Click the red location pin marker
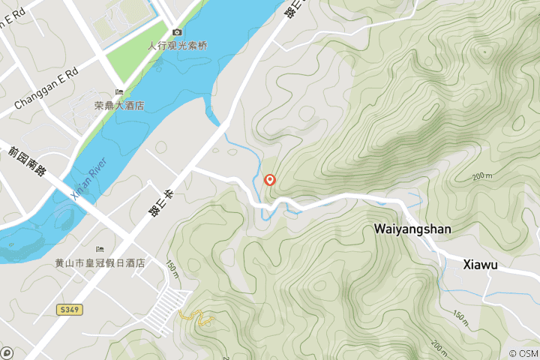pyautogui.click(x=270, y=180)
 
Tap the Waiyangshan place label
pyautogui.click(x=412, y=229)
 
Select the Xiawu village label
pyautogui.click(x=481, y=264)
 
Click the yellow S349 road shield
pyautogui.click(x=68, y=309)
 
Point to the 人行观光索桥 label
pyautogui.click(x=178, y=45)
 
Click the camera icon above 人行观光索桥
pyautogui.click(x=177, y=32)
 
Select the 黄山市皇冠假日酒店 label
pyautogui.click(x=100, y=263)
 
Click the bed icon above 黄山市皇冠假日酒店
pyautogui.click(x=99, y=250)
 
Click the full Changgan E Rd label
pyautogui.click(x=46, y=82)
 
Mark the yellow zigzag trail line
pyautogui.click(x=196, y=317)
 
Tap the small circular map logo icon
pyautogui.click(x=7, y=352)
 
